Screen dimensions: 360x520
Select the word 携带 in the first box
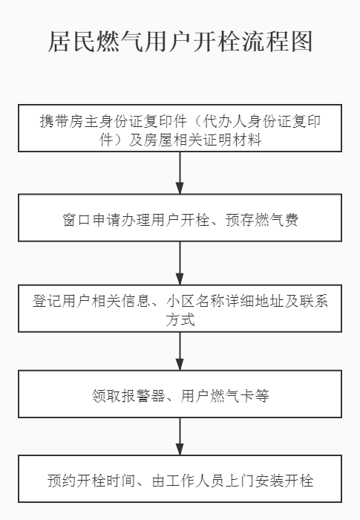point(54,121)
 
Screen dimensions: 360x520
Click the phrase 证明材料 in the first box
point(232,140)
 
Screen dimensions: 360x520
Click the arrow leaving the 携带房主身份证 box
point(180,173)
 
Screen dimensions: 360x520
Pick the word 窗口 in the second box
point(76,219)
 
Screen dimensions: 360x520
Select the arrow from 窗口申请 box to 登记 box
point(180,263)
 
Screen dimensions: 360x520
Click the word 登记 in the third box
point(47,301)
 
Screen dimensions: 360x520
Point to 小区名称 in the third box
point(195,301)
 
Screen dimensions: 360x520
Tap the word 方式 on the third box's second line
point(180,319)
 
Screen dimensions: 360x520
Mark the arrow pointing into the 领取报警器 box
point(180,351)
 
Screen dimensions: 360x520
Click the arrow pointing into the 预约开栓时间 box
point(180,437)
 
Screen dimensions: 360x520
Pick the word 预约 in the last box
point(62,481)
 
